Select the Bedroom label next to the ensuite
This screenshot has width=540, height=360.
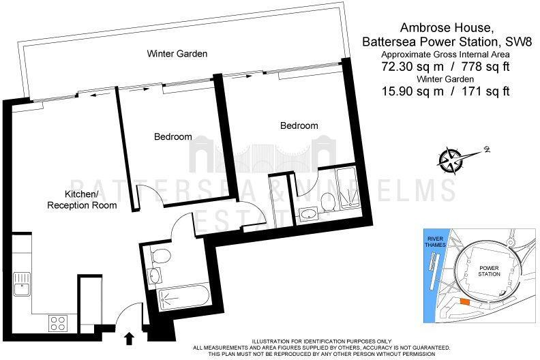coord(299,125)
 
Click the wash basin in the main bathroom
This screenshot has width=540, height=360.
coord(155,276)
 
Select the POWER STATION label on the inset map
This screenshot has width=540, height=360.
coord(490,271)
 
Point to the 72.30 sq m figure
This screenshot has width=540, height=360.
coord(402,67)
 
